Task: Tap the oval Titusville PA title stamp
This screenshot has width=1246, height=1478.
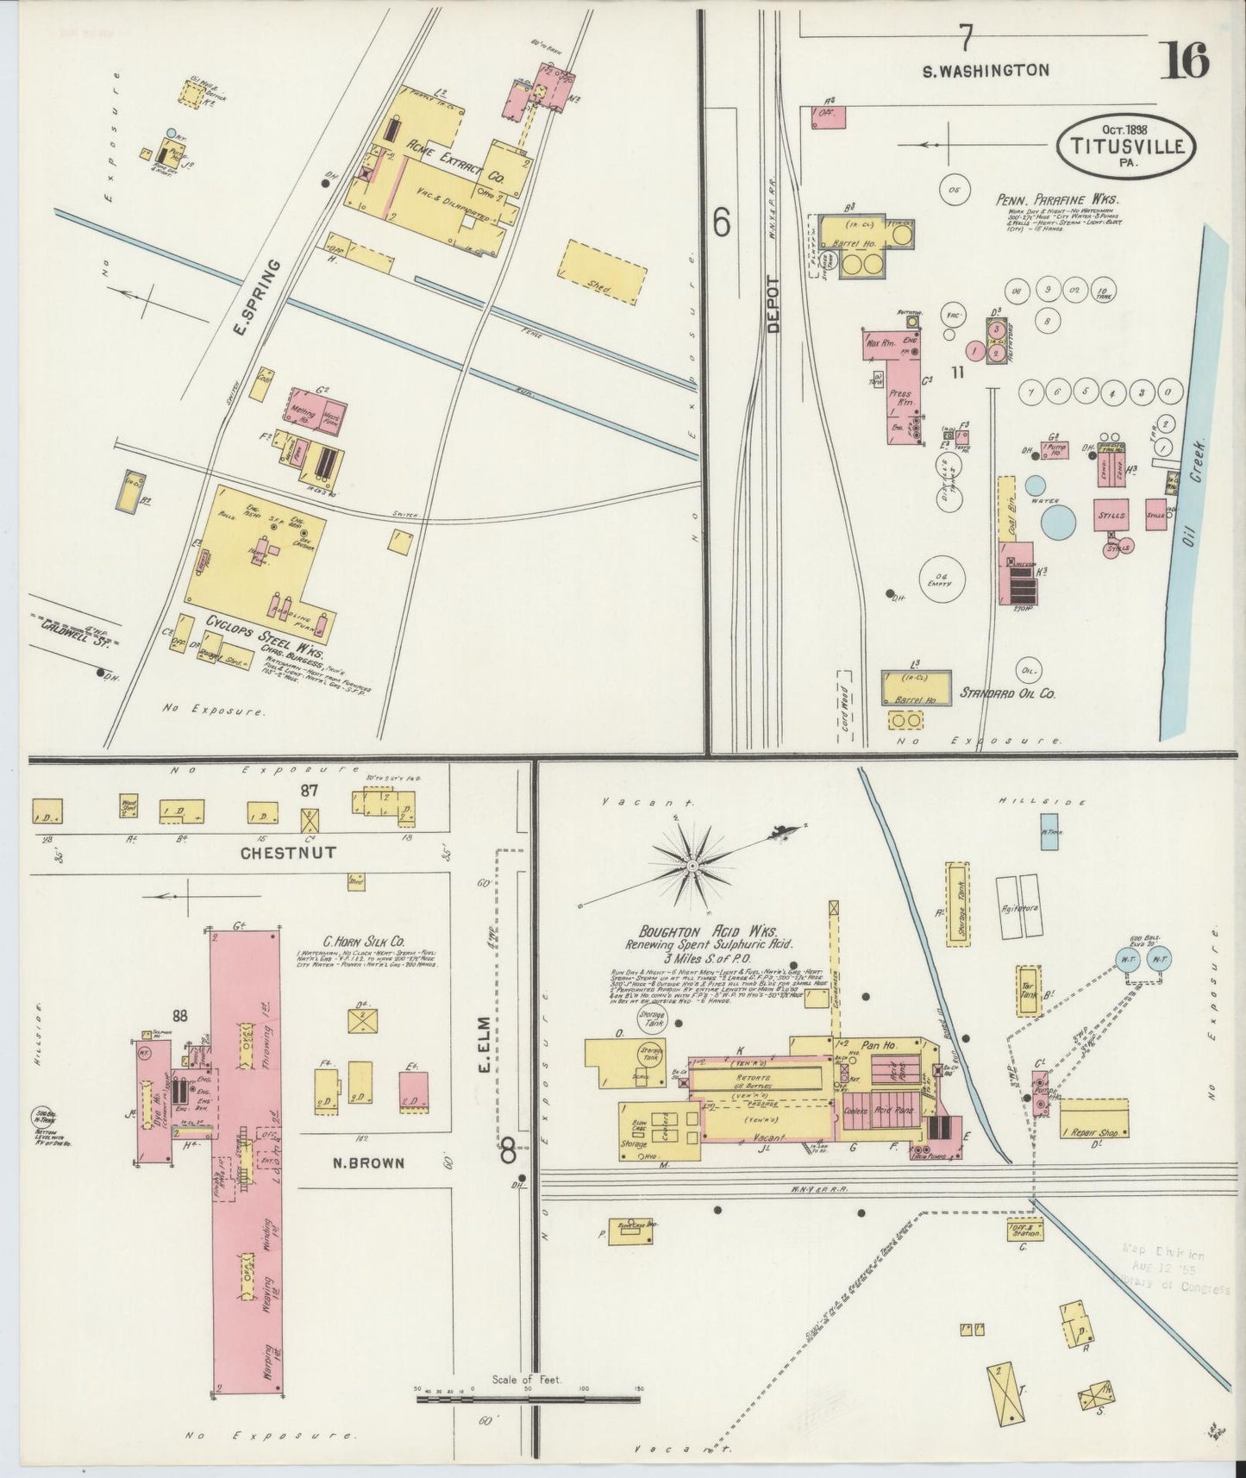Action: click(x=1126, y=145)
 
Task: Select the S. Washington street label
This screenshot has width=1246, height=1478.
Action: click(x=986, y=71)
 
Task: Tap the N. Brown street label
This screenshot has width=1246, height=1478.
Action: click(x=368, y=1163)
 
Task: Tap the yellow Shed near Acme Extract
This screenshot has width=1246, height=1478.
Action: click(x=604, y=269)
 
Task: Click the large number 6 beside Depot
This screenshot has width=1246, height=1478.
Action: click(x=723, y=223)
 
